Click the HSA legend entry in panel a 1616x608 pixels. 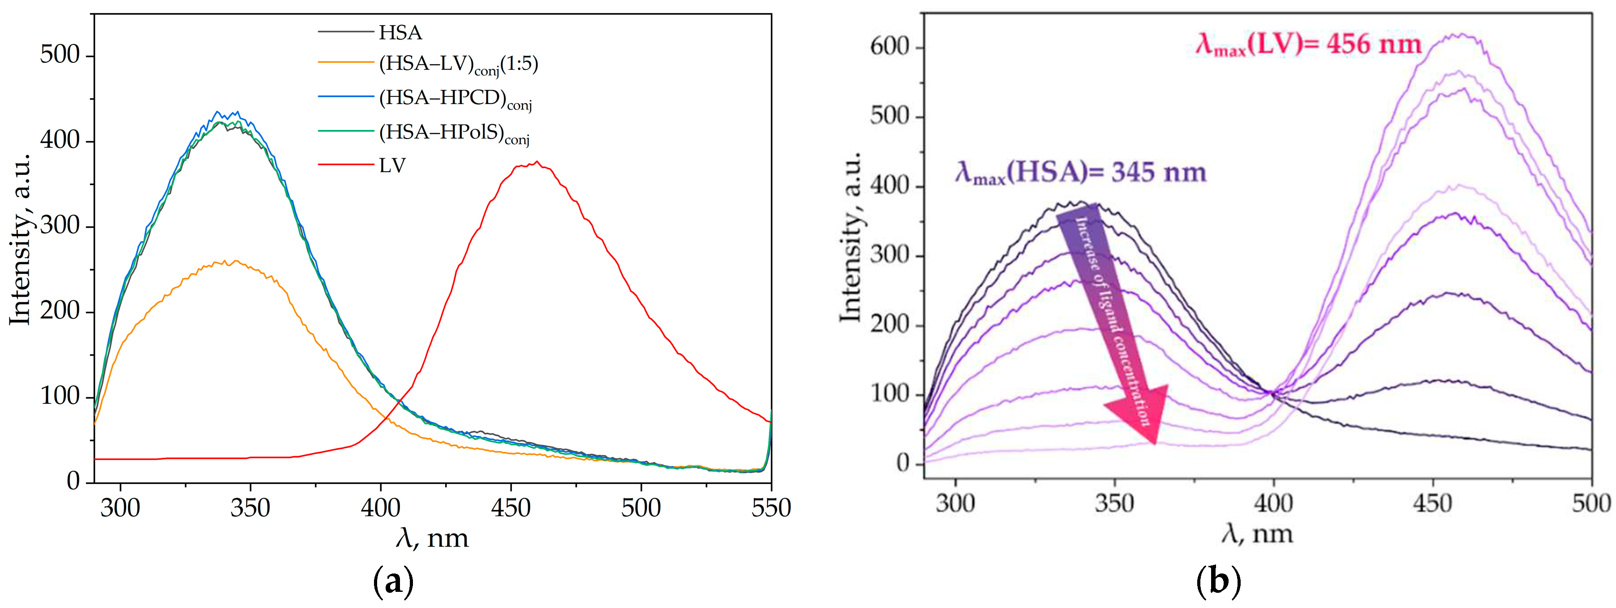400,33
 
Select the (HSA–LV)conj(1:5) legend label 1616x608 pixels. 458,64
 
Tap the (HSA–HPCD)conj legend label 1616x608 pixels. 455,99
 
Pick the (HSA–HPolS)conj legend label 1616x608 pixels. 454,133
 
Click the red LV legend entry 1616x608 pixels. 392,166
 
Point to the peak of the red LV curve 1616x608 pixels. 537,163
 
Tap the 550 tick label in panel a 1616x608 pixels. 770,508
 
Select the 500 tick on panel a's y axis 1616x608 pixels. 60,55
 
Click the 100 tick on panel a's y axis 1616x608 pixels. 60,397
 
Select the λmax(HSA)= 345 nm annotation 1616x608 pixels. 1080,172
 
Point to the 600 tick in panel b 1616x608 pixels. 890,47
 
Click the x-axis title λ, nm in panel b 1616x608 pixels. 1257,535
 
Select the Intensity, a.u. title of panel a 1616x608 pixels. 20,238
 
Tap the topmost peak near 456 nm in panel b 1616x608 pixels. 1461,35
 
